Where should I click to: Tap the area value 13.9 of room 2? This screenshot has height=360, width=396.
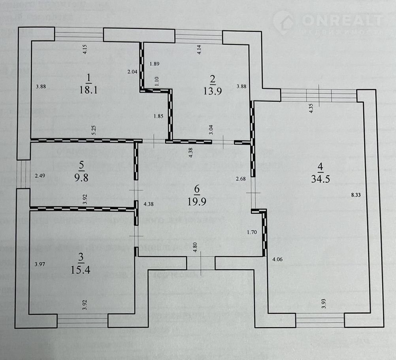pyautogui.click(x=213, y=91)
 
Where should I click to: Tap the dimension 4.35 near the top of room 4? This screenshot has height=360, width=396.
pyautogui.click(x=311, y=108)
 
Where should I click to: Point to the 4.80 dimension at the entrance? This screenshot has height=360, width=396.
pyautogui.click(x=194, y=248)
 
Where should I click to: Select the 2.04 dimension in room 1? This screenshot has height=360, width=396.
pyautogui.click(x=132, y=72)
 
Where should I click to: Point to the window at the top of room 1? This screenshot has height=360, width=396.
pyautogui.click(x=79, y=34)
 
